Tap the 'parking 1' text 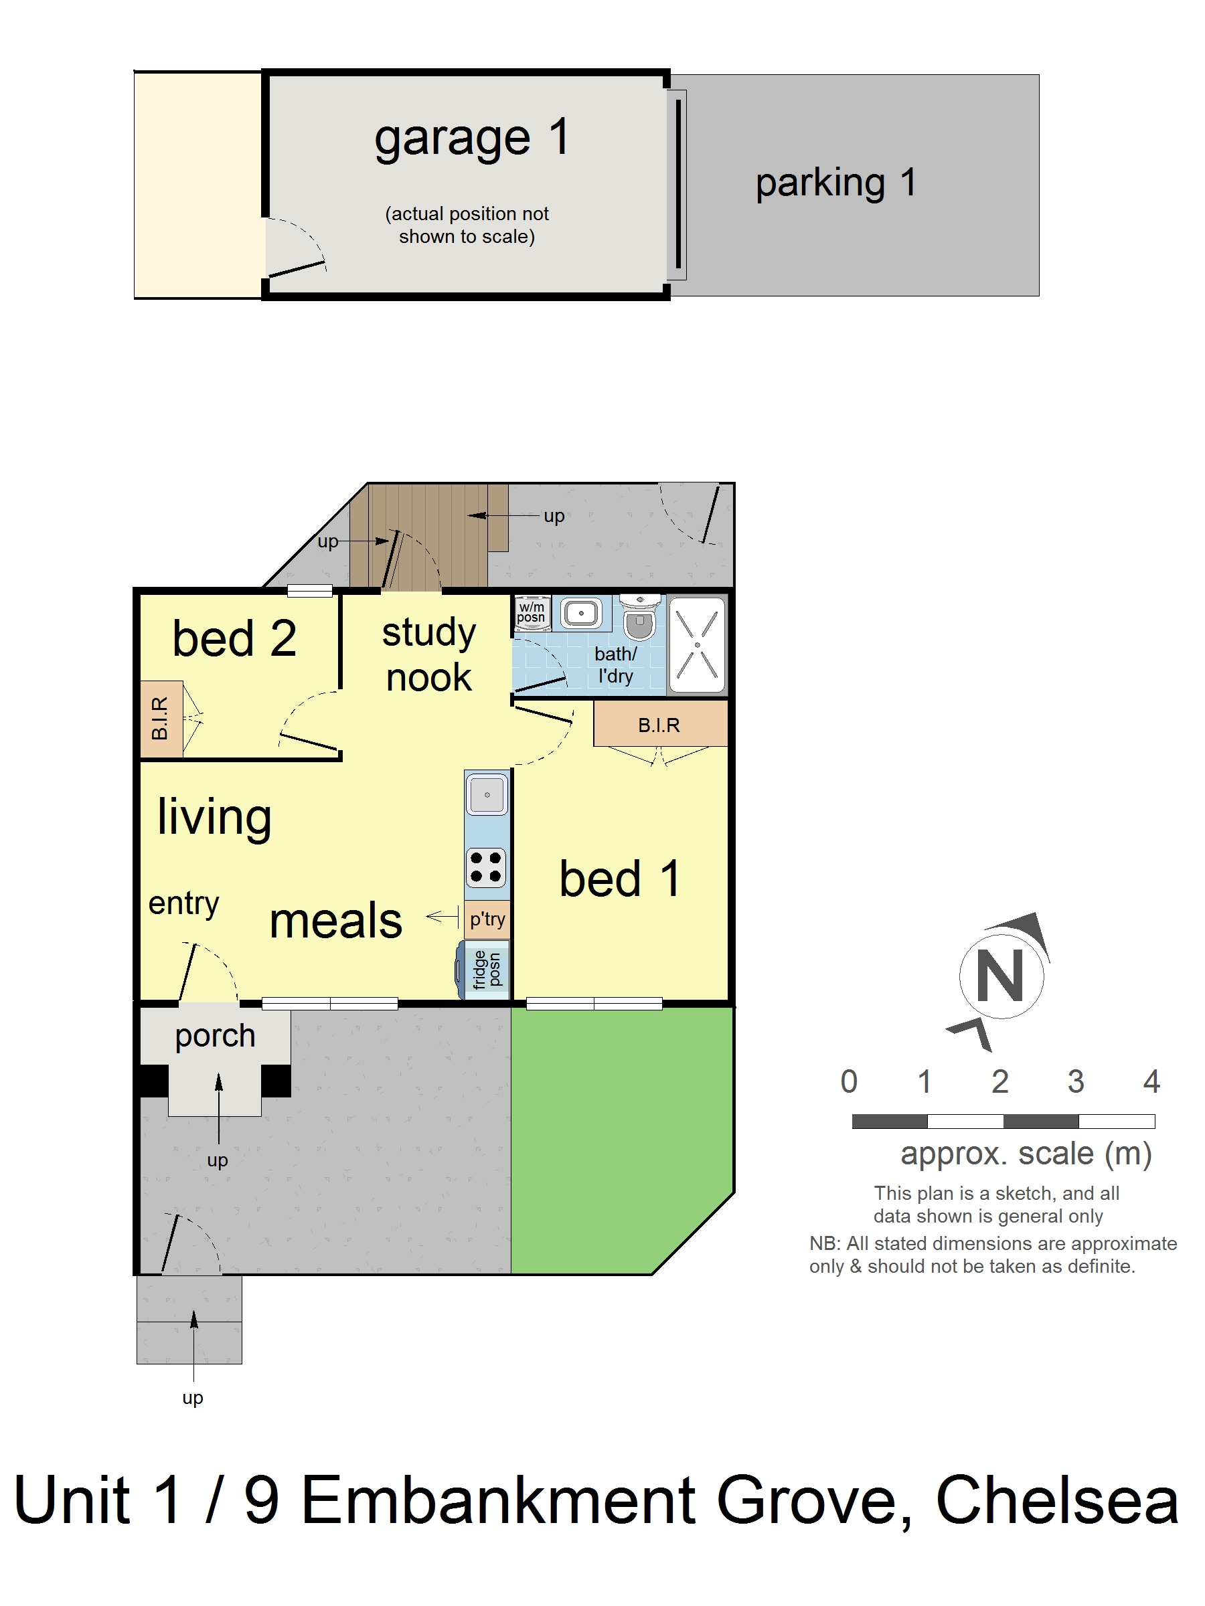(x=835, y=182)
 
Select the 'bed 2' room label (x=234, y=639)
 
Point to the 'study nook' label (x=428, y=654)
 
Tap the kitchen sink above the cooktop (x=487, y=795)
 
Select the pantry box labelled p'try (x=487, y=919)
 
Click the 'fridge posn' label (x=487, y=969)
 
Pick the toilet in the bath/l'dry (x=639, y=618)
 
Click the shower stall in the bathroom (x=697, y=644)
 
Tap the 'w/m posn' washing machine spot (x=531, y=612)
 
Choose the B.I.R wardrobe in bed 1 (x=659, y=725)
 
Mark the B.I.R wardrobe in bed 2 (x=161, y=719)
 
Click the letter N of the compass (x=1000, y=976)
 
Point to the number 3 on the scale (x=1076, y=1082)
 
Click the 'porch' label (x=215, y=1035)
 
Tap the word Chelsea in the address (x=1057, y=1502)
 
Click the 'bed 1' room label (x=619, y=879)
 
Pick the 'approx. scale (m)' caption (x=1026, y=1154)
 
